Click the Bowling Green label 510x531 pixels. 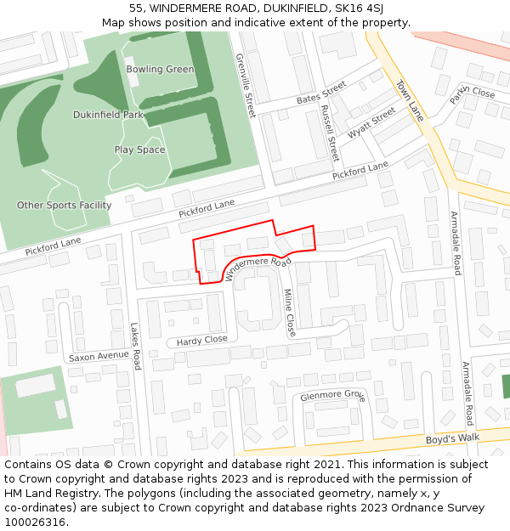(x=160, y=69)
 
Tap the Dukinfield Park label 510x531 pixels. (x=108, y=115)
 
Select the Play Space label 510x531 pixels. (x=139, y=150)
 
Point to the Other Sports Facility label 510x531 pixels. (x=64, y=205)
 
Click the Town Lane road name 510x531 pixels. (x=410, y=100)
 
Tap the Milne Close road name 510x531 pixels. (x=289, y=313)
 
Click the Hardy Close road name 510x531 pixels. (x=201, y=341)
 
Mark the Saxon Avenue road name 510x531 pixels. (x=99, y=356)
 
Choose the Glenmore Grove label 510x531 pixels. (x=332, y=396)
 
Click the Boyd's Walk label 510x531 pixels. (x=452, y=438)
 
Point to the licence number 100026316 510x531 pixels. (x=37, y=523)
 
